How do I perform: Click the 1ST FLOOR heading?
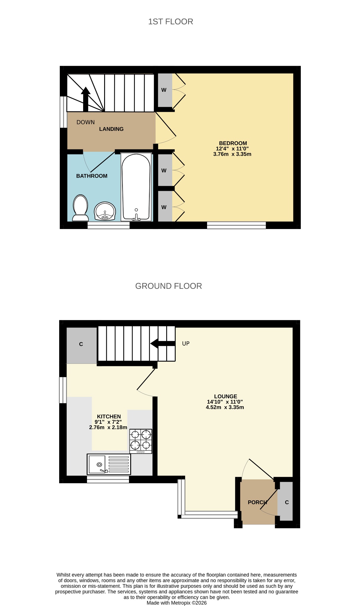tap(171, 22)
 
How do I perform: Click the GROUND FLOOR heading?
tap(169, 286)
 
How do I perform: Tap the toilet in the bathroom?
tap(80, 208)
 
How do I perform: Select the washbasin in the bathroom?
tap(105, 211)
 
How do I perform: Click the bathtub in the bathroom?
tap(136, 187)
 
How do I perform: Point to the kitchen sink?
tap(109, 464)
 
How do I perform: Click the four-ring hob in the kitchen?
tap(141, 441)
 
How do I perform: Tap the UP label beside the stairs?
tap(186, 344)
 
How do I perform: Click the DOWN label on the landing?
tap(85, 122)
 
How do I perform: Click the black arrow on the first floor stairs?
tap(86, 99)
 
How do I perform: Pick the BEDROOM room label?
tap(233, 143)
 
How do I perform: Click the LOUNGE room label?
tap(225, 397)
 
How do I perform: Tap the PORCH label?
tap(257, 502)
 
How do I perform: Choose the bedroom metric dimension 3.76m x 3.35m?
tap(232, 154)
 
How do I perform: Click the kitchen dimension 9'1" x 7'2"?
tap(108, 422)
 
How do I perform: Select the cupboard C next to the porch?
tap(287, 502)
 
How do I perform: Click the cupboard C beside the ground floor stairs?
tap(81, 345)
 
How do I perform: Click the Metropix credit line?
tap(177, 603)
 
